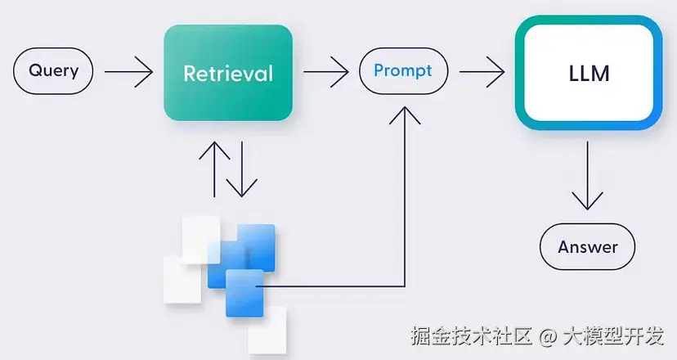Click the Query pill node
click(53, 71)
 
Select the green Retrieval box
click(228, 73)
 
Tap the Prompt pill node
click(403, 71)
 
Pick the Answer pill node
click(587, 247)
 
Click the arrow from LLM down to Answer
click(588, 176)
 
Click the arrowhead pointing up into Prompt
click(405, 115)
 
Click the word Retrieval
click(228, 73)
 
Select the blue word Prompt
click(403, 70)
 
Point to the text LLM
click(589, 75)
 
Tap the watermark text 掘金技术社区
click(471, 335)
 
